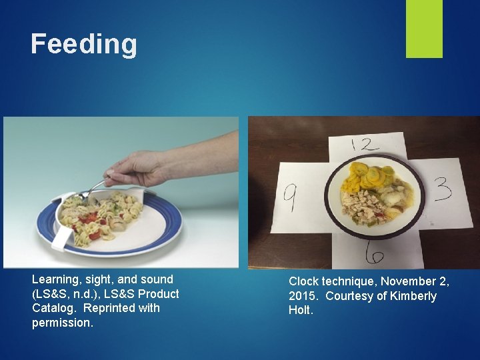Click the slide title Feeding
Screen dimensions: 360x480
84,45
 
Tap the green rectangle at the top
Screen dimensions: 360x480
424,28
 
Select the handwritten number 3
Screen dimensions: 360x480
442,189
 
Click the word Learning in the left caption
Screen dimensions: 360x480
55,280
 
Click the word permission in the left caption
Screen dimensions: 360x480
63,323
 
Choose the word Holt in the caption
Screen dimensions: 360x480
301,311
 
